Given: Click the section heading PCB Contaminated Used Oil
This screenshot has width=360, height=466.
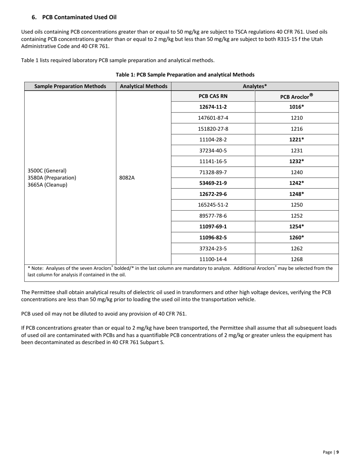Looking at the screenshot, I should point(79,17).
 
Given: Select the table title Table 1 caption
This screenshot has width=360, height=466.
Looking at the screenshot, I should point(185,75).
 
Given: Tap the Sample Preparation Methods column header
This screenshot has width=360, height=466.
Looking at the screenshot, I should point(70,86).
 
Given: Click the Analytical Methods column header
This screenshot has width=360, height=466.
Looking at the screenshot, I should point(144,86).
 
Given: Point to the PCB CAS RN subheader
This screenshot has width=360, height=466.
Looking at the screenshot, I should point(213,96).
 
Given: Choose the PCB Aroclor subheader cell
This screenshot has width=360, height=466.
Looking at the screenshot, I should point(296,97).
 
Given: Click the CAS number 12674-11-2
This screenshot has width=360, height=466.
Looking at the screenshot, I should point(213,107).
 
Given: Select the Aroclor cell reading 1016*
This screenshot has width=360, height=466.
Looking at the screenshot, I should point(296,107).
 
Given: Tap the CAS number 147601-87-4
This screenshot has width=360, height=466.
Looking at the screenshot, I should point(213,118).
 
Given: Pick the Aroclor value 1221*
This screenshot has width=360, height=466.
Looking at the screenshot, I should point(296,139).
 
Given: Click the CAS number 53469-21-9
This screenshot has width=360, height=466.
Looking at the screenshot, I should point(213,183).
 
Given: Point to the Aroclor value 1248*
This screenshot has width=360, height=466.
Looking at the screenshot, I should point(296,194).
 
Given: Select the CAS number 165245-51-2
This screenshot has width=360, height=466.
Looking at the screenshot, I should point(213,205).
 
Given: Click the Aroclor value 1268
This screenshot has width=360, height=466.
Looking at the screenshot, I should point(296,260).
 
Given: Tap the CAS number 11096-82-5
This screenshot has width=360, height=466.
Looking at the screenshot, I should point(213,238).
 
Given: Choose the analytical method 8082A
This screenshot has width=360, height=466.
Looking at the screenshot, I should point(127,177).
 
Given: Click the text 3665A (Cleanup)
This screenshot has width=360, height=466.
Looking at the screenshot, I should point(47,185).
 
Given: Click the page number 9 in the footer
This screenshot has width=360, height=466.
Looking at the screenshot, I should point(337,452).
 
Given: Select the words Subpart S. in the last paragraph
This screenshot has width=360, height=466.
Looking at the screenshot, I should point(153,342).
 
